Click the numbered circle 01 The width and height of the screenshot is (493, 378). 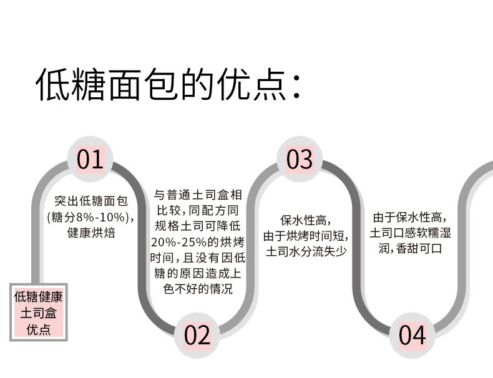90,160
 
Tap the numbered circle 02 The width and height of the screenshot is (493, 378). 197,336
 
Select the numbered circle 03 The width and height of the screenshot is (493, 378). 300,160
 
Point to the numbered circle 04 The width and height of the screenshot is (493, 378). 412,336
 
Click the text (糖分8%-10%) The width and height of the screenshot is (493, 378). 91,218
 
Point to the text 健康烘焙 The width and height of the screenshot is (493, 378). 90,234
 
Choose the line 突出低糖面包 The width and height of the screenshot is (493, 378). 91,201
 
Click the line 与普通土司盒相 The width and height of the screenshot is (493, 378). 198,193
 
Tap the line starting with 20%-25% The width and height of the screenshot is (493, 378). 198,242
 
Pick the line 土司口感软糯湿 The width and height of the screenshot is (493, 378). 410,233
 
